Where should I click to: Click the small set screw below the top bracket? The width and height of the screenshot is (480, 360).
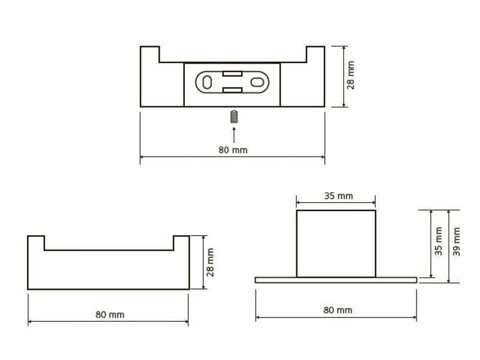[234, 116]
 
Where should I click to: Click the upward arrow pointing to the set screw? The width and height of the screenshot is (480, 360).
[234, 134]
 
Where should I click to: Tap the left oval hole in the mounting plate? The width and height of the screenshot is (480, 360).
[207, 82]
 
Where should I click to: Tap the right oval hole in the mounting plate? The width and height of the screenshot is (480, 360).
[257, 82]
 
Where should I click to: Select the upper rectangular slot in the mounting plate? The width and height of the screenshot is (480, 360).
[232, 74]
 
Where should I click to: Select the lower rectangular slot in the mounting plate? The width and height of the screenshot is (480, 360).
[232, 90]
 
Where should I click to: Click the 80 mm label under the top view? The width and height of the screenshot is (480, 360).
[233, 150]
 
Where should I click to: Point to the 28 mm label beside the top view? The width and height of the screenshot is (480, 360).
[351, 76]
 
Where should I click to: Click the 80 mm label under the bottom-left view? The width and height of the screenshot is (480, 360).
[110, 314]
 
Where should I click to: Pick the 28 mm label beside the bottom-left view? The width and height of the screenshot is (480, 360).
[210, 262]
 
